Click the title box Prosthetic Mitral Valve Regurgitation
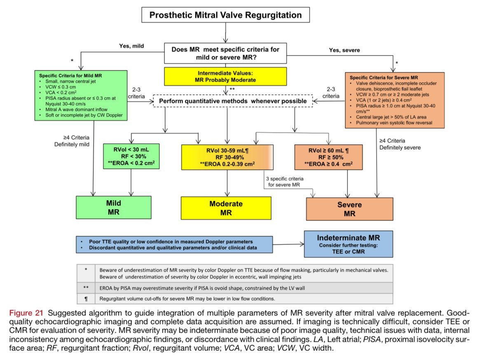[225, 15]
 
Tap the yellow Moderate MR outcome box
[226, 208]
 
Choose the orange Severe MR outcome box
[349, 209]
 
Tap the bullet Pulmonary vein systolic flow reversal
[392, 123]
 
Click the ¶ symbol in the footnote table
[86, 298]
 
